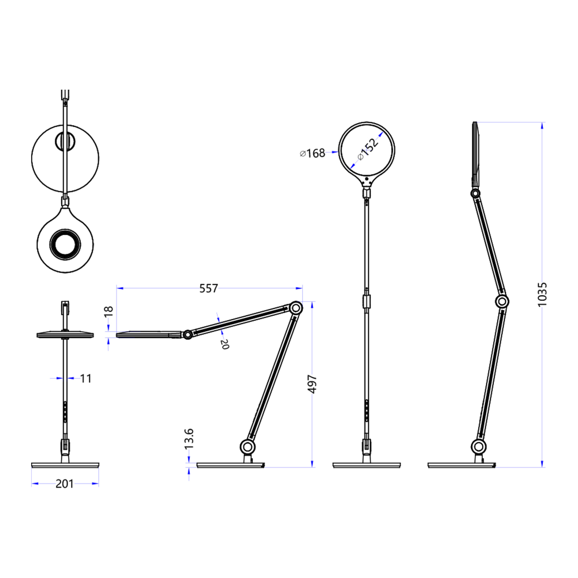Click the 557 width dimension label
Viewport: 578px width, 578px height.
click(208, 288)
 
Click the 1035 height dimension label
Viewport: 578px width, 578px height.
click(542, 294)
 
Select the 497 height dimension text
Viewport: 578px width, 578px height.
click(312, 384)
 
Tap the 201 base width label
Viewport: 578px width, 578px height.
click(64, 484)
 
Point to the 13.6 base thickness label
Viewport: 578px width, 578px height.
click(189, 439)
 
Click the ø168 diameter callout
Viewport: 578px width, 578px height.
click(313, 153)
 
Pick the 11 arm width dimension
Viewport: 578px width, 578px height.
click(86, 378)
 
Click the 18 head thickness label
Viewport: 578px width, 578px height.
click(109, 311)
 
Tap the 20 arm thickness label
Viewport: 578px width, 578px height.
click(225, 344)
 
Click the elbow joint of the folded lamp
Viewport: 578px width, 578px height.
click(296, 308)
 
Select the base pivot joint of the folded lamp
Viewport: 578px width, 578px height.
click(247, 447)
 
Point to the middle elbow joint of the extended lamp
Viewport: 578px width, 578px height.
click(502, 301)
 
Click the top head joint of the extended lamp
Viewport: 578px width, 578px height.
click(475, 193)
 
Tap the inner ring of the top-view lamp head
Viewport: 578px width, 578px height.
click(65, 244)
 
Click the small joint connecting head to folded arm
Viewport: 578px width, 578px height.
click(188, 334)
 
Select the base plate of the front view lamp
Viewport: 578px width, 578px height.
click(366, 465)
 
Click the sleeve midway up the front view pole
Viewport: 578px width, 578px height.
click(366, 301)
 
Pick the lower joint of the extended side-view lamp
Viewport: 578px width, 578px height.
click(479, 447)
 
